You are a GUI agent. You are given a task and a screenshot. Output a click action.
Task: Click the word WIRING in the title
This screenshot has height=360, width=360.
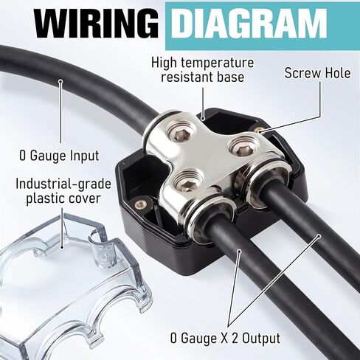[96, 24]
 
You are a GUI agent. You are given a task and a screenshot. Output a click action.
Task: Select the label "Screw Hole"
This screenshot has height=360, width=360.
[317, 73]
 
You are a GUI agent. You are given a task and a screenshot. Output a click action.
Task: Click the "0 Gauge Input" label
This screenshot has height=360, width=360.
[59, 156]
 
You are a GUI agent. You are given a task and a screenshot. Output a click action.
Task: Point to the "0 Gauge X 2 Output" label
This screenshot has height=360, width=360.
[225, 338]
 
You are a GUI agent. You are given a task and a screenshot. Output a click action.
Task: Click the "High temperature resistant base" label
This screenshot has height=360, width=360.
[203, 70]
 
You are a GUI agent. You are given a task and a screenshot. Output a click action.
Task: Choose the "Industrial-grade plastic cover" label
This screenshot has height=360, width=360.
[63, 191]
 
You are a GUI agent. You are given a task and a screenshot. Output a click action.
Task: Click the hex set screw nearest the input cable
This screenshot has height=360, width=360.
[181, 133]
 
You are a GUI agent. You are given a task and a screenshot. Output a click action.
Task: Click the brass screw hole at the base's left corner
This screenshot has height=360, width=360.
[140, 204]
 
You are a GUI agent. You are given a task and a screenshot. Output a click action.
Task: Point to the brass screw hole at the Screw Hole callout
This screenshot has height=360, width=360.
[257, 130]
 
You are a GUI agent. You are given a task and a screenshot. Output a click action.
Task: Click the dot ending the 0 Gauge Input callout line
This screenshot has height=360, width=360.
[60, 81]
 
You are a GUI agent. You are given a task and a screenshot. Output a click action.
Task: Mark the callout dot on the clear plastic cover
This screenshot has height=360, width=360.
[62, 249]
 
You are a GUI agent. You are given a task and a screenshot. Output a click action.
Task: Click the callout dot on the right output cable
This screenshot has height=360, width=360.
[319, 236]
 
